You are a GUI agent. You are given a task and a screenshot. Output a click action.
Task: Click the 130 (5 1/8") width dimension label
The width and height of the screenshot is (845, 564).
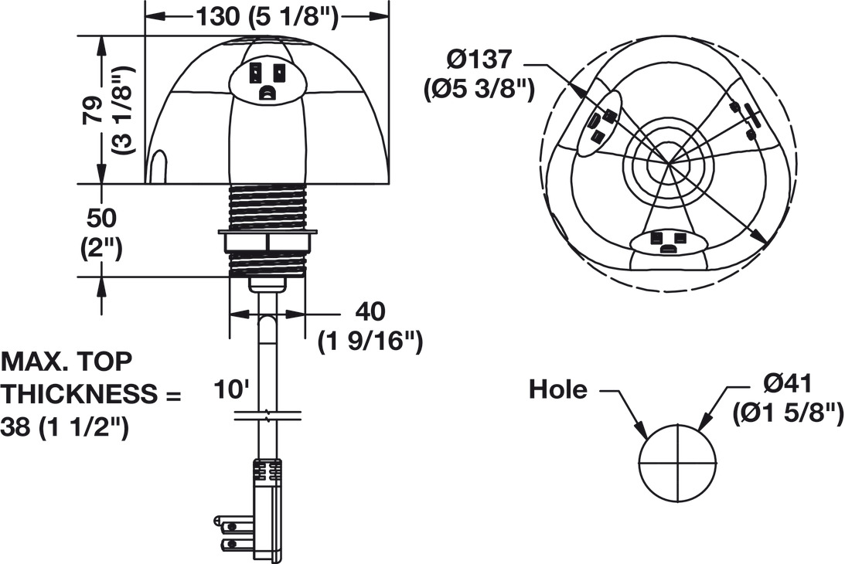[x=266, y=16]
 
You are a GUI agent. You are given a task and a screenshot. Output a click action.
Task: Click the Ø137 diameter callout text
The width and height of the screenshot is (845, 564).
[x=479, y=59]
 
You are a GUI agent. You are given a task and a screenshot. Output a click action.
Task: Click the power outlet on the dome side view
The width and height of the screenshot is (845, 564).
[x=267, y=80]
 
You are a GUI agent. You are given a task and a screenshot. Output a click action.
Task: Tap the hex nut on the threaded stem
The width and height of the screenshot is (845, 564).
[x=267, y=241]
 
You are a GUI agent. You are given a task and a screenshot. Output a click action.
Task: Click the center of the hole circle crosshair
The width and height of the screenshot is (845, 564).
[x=678, y=463]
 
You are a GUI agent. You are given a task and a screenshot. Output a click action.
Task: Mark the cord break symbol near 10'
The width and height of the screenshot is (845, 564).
[x=267, y=416]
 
